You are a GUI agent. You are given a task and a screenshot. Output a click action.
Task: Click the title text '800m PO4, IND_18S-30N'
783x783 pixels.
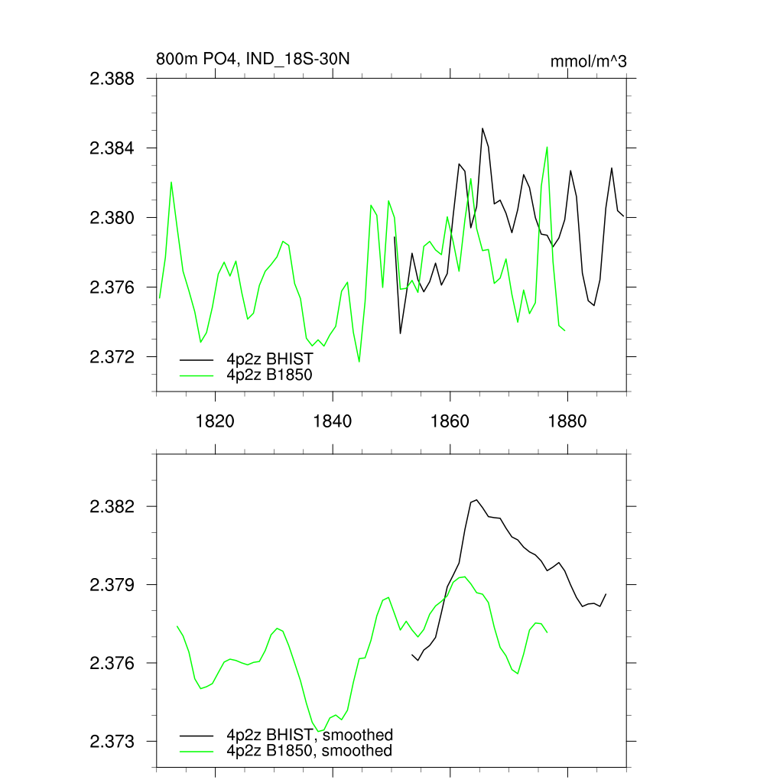253,60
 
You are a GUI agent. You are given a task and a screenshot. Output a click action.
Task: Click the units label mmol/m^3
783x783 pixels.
588,61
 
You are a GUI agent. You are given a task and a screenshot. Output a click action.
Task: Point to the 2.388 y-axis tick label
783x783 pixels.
112,78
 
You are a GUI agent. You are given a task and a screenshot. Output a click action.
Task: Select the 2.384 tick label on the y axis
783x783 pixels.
112,148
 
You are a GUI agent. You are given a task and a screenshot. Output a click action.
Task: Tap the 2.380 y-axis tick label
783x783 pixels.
112,218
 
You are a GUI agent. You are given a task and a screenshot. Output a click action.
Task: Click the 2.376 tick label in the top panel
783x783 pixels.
112,288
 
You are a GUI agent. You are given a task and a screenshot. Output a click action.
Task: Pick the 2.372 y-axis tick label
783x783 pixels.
112,357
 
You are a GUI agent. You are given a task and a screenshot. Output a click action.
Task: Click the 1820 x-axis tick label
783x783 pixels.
215,421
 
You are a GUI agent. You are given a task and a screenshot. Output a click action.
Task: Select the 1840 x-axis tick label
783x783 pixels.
333,421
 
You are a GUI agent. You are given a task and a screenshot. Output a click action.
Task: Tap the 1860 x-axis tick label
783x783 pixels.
450,421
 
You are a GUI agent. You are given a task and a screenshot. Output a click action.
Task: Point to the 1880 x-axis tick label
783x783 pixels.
568,421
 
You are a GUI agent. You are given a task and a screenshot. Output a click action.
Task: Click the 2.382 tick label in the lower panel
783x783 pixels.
112,507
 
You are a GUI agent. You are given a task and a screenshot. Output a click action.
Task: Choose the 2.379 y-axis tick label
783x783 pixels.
112,585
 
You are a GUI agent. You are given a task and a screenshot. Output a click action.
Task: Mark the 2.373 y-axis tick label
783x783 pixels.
112,741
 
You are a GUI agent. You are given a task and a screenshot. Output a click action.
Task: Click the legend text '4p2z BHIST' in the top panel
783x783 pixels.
269,359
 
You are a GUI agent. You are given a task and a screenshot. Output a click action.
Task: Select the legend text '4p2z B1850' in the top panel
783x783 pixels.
269,375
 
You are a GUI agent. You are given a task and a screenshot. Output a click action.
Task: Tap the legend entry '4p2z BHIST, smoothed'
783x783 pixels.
309,735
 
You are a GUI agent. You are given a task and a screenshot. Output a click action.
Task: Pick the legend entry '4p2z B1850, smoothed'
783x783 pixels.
309,751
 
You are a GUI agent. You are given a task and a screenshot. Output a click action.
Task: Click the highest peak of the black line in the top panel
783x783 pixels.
482,128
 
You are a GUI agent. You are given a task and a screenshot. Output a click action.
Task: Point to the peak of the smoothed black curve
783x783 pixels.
476,500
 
